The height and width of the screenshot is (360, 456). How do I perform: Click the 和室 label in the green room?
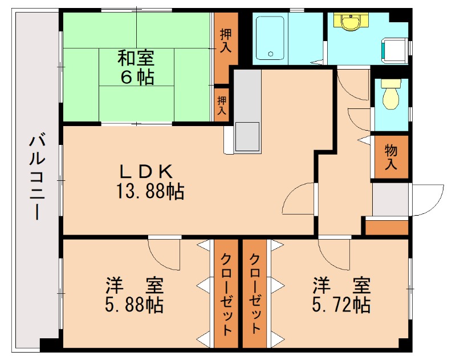[x=136, y=57]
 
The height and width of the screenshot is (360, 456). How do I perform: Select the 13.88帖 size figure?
[x=150, y=192]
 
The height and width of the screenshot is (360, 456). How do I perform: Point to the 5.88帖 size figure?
[x=135, y=305]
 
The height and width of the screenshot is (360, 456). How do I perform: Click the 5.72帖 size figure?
[x=341, y=305]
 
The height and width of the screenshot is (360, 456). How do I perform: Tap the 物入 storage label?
[x=391, y=157]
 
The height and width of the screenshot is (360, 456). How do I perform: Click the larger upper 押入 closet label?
[x=226, y=40]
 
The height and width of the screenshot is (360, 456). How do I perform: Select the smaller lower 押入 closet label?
[x=222, y=104]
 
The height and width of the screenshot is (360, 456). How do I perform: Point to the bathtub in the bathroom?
[x=270, y=38]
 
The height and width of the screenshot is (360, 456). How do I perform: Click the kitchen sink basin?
[x=246, y=136]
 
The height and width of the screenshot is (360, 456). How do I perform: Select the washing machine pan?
[x=394, y=50]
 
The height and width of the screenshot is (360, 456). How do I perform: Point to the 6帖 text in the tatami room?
[x=136, y=77]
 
